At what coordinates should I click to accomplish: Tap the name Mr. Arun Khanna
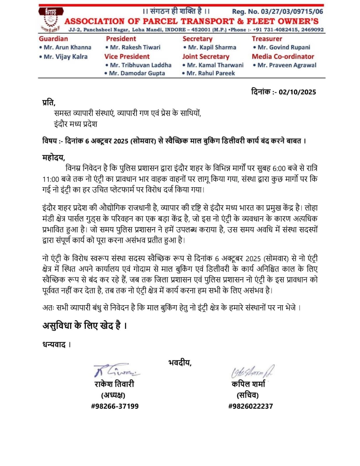(67, 47)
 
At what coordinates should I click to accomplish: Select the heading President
(121, 39)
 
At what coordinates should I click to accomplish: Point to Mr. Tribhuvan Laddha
(140, 65)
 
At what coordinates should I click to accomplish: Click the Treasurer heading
(267, 39)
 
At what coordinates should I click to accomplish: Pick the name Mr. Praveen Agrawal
(287, 65)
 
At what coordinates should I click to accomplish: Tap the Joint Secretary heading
(206, 57)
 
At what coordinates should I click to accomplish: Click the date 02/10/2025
(297, 92)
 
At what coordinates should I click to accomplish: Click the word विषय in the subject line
(49, 141)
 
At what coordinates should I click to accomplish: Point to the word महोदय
(53, 158)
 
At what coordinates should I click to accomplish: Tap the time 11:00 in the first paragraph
(51, 179)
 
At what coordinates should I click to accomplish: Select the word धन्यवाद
(54, 345)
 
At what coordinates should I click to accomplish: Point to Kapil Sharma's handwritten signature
(252, 371)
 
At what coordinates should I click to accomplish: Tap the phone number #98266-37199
(115, 406)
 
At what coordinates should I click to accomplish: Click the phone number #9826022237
(250, 406)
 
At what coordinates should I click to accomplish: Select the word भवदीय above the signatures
(179, 363)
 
